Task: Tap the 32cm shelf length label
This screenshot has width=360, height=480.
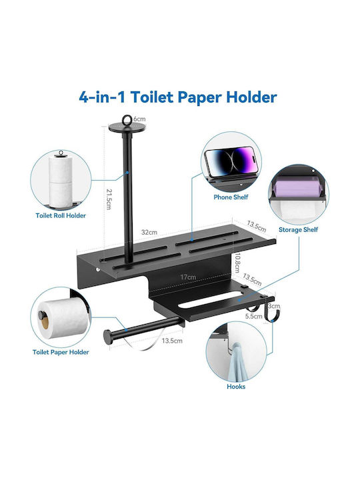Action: [149, 233]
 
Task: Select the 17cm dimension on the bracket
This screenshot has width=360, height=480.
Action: [188, 277]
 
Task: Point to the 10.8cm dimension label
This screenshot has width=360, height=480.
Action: [237, 263]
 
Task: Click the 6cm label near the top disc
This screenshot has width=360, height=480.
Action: [139, 119]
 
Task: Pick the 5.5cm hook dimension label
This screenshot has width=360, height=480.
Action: [254, 316]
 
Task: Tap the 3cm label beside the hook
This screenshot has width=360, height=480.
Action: [274, 306]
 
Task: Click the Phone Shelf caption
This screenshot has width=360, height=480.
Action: [231, 197]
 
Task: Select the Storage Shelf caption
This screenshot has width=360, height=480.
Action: [298, 229]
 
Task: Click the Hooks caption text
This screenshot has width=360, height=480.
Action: [236, 386]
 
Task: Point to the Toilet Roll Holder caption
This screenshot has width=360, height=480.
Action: [61, 215]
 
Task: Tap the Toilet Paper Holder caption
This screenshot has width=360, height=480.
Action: [61, 352]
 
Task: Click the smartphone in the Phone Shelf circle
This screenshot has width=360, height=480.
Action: [229, 161]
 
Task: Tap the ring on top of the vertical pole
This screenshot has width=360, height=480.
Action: [127, 120]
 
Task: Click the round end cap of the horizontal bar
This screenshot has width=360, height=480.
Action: [107, 337]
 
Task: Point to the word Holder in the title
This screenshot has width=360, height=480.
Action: [251, 97]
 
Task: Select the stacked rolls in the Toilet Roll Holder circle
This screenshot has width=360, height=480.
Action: [61, 181]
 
